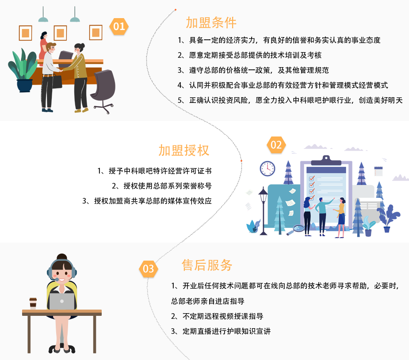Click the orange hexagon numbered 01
pyautogui.click(x=119, y=27)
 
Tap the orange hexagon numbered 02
pyautogui.click(x=276, y=145)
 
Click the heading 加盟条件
pyautogui.click(x=211, y=23)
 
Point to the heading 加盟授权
pyautogui.click(x=184, y=150)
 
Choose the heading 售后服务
pyautogui.click(x=207, y=265)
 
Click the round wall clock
pyautogui.click(x=268, y=168)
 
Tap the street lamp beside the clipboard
pyautogui.click(x=264, y=208)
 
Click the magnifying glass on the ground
pyautogui.click(x=298, y=229)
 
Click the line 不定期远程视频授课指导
pyautogui.click(x=223, y=316)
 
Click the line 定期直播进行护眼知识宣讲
pyautogui.click(x=226, y=331)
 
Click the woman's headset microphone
pyautogui.click(x=57, y=280)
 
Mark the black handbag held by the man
pyautogui.click(x=57, y=81)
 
